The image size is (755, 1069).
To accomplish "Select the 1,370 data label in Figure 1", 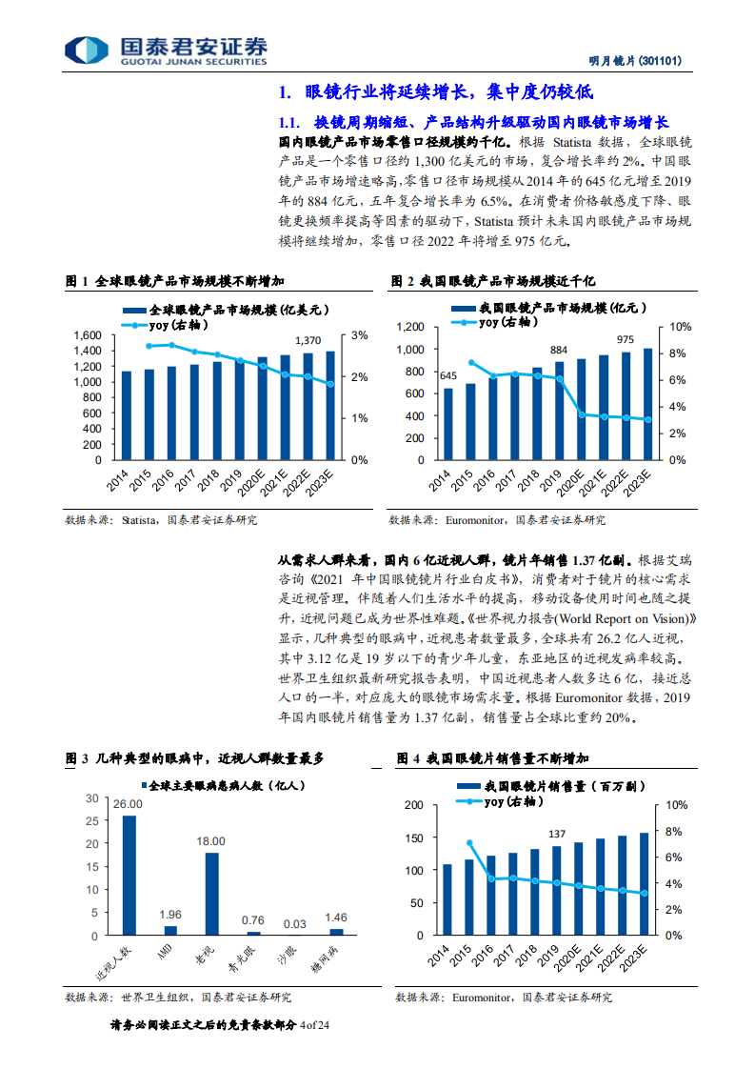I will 308,340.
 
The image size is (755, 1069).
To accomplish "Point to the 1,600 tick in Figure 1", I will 87,335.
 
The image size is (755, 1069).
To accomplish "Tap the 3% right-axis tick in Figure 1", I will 360,335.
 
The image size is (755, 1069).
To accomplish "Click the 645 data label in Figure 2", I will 447,375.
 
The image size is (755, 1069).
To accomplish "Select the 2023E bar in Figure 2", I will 648,403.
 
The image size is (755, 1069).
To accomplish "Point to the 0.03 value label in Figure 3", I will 294,922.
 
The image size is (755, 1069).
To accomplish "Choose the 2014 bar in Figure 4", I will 447,899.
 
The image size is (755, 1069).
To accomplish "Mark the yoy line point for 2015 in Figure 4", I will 469,842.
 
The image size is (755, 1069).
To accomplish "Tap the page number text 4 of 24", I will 313,1025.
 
